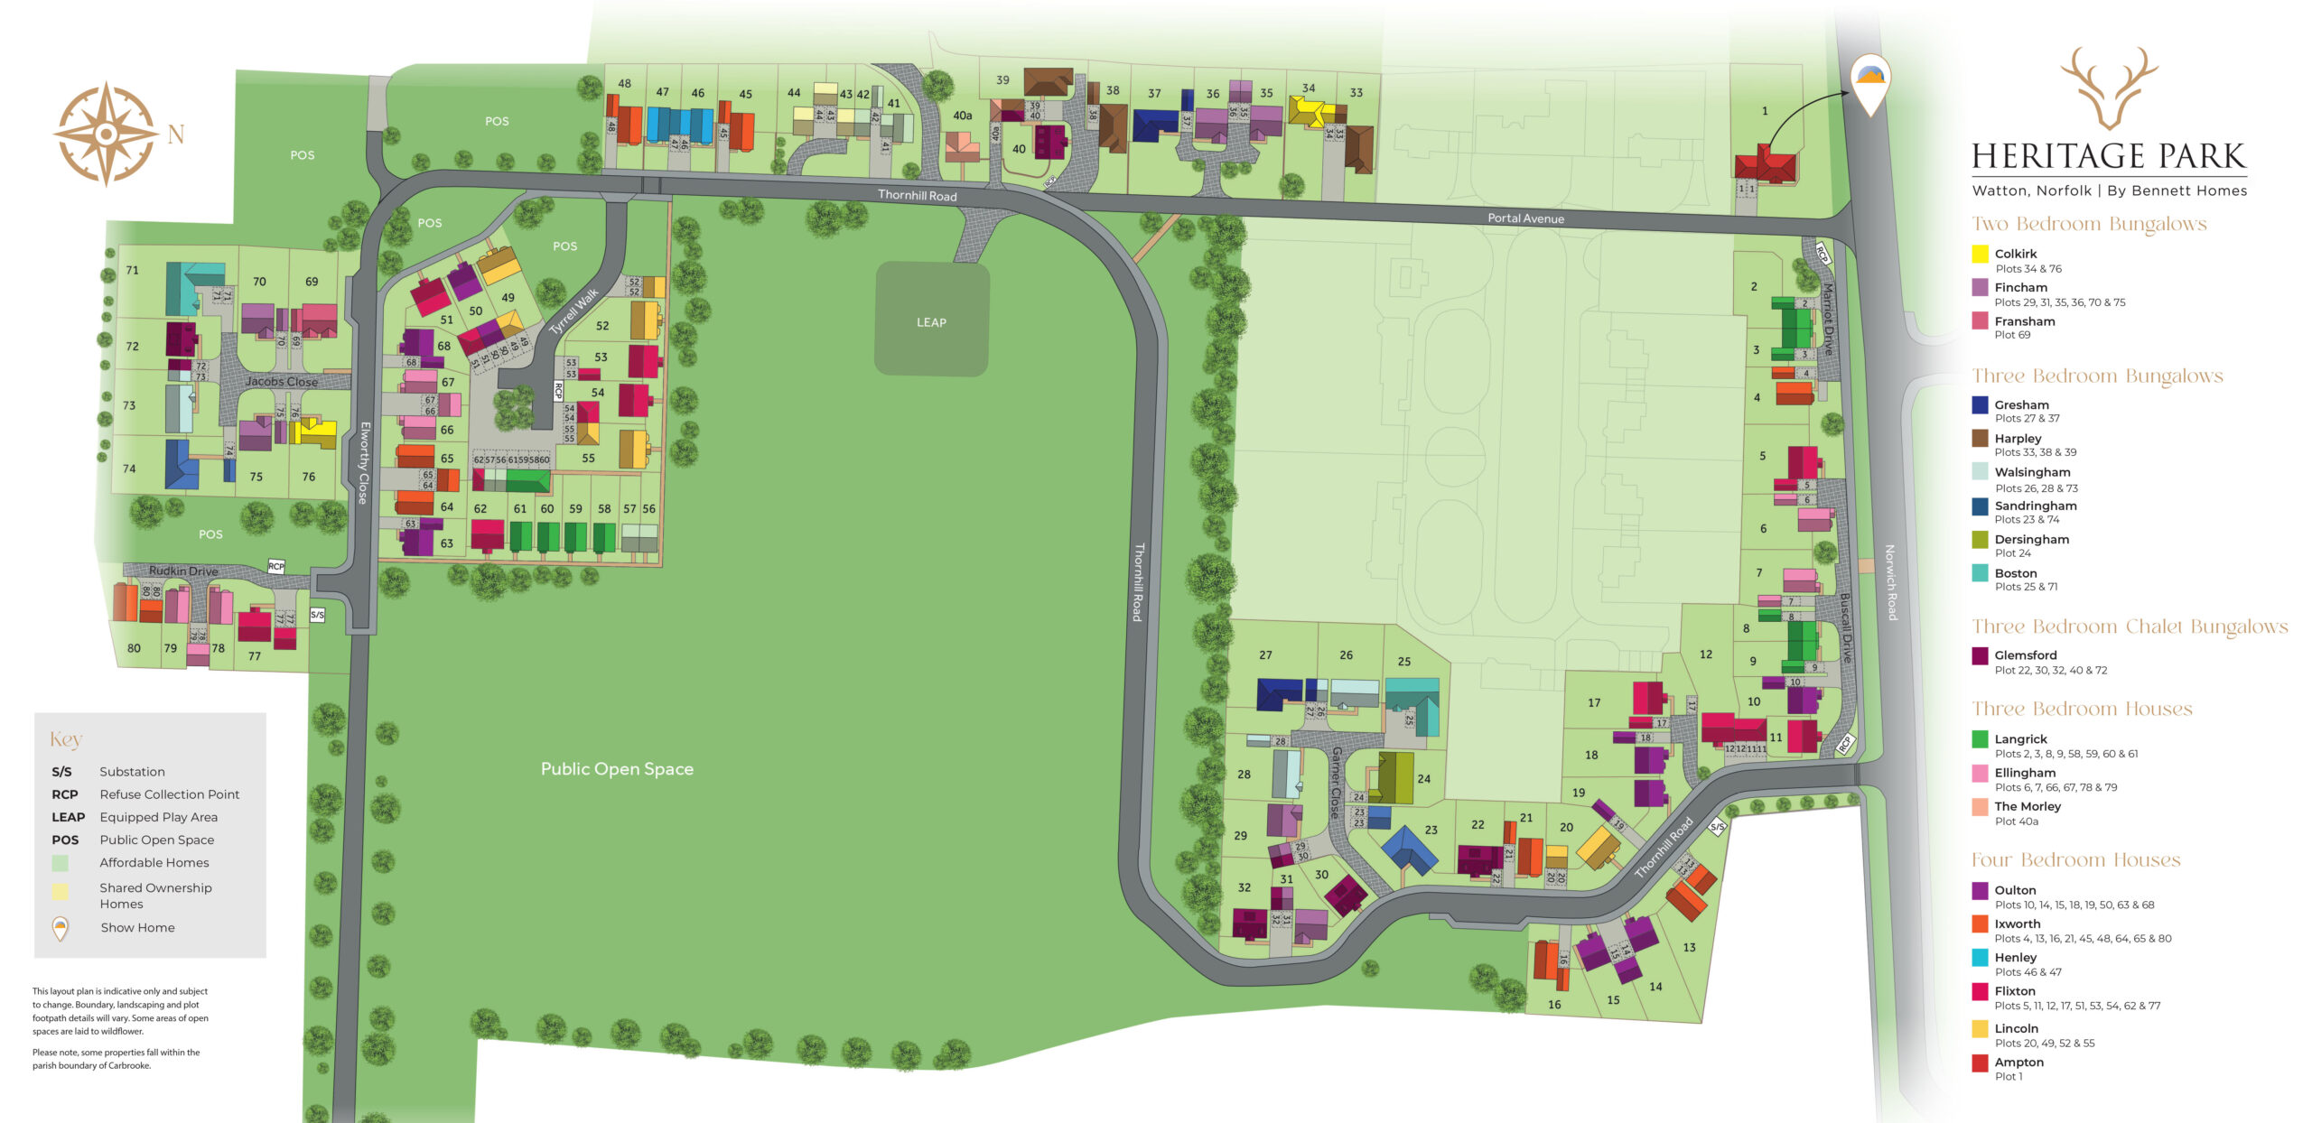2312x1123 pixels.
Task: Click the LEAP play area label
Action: pyautogui.click(x=931, y=322)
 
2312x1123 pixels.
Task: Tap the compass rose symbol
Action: pyautogui.click(x=107, y=135)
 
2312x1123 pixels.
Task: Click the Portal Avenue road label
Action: pyautogui.click(x=1525, y=218)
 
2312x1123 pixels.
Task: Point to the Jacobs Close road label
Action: pyautogui.click(x=281, y=381)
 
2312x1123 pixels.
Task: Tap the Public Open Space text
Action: pyautogui.click(x=617, y=769)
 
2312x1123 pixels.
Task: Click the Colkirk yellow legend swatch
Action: pyautogui.click(x=1980, y=255)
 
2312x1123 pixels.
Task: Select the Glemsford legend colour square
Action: pyautogui.click(x=1980, y=656)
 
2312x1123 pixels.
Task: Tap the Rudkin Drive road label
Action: pyautogui.click(x=183, y=571)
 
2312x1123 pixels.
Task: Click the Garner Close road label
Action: pyautogui.click(x=1336, y=782)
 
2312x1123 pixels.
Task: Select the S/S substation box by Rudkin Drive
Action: pyautogui.click(x=317, y=615)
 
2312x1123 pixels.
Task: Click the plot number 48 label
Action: pyautogui.click(x=624, y=83)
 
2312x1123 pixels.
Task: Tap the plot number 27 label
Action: pyautogui.click(x=1265, y=654)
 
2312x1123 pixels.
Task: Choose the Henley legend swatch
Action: pyautogui.click(x=1980, y=958)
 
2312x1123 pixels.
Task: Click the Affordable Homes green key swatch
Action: pyautogui.click(x=61, y=863)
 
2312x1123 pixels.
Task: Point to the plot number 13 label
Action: pyautogui.click(x=1689, y=947)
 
